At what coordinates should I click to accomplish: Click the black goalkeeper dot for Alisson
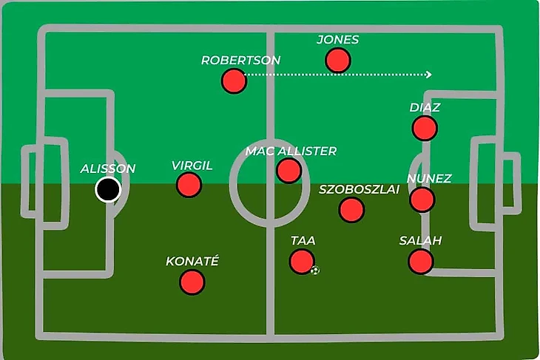pos(108,190)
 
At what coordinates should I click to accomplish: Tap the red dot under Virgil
pos(189,185)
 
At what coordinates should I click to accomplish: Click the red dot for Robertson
pos(234,81)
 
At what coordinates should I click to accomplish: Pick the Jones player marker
pos(338,60)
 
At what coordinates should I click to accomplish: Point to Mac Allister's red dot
pos(288,171)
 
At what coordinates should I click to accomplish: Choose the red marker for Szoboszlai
pos(351,209)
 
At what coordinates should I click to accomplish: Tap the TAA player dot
pos(302,261)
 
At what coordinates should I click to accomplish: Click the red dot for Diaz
pos(425,128)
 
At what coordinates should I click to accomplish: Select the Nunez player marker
pos(422,199)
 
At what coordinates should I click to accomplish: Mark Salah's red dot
pos(420,261)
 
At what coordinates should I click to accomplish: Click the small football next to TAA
pos(316,271)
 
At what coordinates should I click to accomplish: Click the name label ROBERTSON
pos(240,61)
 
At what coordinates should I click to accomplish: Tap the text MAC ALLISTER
pos(291,152)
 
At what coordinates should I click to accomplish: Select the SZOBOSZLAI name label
pos(359,189)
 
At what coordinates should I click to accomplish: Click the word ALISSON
pos(108,169)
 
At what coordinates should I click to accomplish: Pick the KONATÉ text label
pos(192,262)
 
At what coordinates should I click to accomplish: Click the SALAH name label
pos(420,241)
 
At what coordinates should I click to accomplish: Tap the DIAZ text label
pos(425,108)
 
